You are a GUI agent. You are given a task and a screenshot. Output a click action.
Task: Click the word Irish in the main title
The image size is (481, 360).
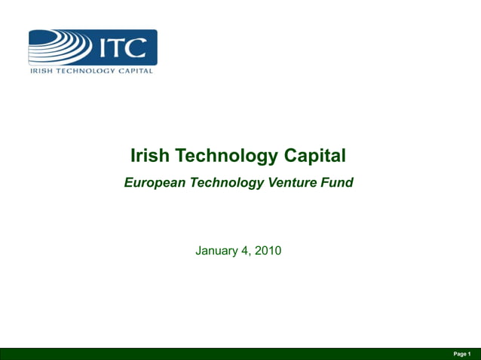pyautogui.click(x=149, y=156)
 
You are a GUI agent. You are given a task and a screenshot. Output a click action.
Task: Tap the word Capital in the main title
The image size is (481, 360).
pyautogui.click(x=315, y=156)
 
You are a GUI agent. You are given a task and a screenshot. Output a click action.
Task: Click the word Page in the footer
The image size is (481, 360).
pyautogui.click(x=458, y=353)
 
